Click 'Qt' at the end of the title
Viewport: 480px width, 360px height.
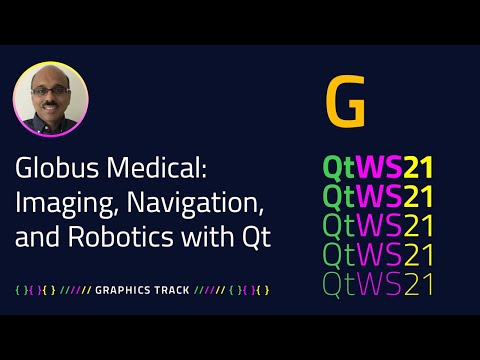click(260, 239)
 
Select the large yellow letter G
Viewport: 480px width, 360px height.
click(345, 102)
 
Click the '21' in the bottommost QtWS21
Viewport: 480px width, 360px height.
click(413, 284)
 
